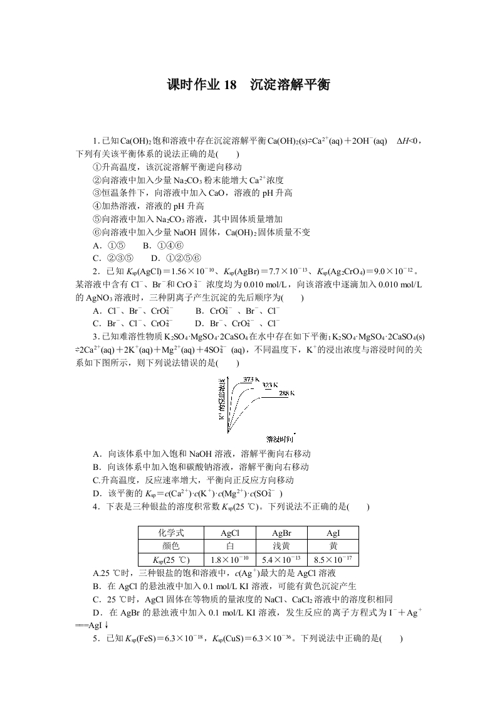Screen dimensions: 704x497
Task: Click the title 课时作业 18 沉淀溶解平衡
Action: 248,85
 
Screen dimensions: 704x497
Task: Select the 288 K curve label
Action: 286,393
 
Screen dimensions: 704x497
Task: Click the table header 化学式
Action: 170,533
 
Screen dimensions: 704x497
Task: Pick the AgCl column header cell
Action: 229,533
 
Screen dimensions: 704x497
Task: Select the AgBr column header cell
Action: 281,533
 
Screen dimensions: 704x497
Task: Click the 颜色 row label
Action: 170,546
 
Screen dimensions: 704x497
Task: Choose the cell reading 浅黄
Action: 281,546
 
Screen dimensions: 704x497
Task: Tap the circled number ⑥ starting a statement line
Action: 96,232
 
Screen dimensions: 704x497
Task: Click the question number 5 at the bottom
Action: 95,639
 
